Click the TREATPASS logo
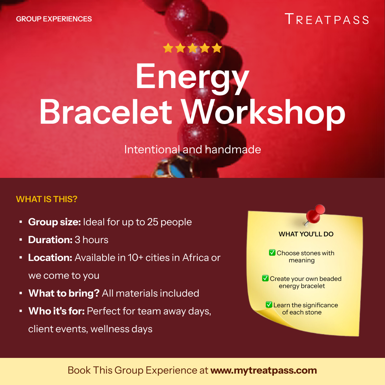(x=327, y=19)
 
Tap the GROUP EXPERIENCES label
(x=54, y=19)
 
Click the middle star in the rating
(x=192, y=48)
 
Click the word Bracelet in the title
(x=106, y=112)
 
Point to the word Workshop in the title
(x=264, y=112)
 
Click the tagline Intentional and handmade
(x=192, y=149)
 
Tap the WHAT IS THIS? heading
(x=47, y=199)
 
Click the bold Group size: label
(x=55, y=222)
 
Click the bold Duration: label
(x=50, y=240)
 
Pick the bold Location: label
(x=50, y=258)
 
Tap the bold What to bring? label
(x=64, y=293)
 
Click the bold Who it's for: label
(x=56, y=311)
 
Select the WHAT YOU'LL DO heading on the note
(x=306, y=234)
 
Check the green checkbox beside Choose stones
(x=272, y=253)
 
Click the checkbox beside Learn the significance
(x=269, y=305)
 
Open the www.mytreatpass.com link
(x=263, y=370)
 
